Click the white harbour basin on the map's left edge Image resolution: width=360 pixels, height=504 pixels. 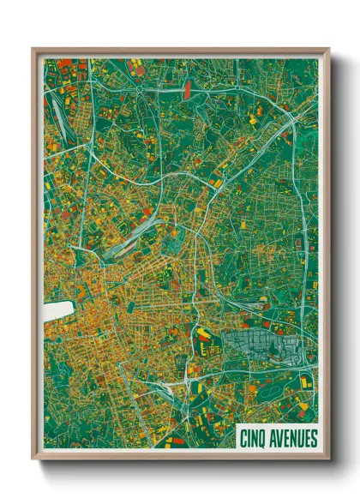(x=55, y=309)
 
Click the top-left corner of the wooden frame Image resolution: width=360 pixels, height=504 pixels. (x=33, y=49)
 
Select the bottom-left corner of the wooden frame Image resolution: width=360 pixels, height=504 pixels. (x=33, y=459)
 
